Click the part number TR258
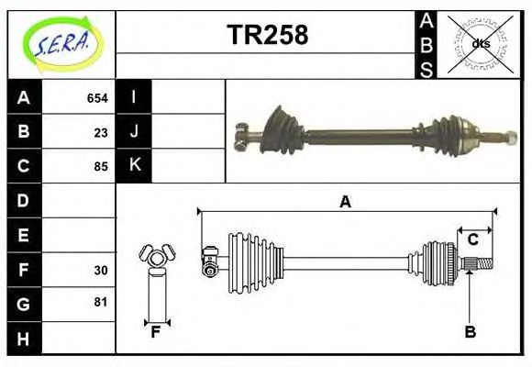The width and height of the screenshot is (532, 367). pyautogui.click(x=267, y=36)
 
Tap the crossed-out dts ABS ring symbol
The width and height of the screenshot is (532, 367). pyautogui.click(x=480, y=43)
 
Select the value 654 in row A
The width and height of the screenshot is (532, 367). pyautogui.click(x=97, y=98)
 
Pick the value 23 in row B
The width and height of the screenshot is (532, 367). pyautogui.click(x=101, y=132)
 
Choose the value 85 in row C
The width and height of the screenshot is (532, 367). pyautogui.click(x=101, y=167)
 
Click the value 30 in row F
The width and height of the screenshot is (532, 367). pyautogui.click(x=101, y=270)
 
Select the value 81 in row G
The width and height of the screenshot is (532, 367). pyautogui.click(x=101, y=303)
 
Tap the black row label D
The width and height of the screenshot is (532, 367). pyautogui.click(x=24, y=200)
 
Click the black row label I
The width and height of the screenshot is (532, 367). pyautogui.click(x=134, y=97)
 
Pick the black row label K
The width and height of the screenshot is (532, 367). pyautogui.click(x=134, y=166)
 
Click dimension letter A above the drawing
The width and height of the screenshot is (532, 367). pyautogui.click(x=345, y=202)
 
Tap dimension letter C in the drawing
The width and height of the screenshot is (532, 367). pyautogui.click(x=473, y=239)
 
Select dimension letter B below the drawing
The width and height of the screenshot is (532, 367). pyautogui.click(x=470, y=333)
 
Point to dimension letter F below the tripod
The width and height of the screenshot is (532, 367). pyautogui.click(x=156, y=333)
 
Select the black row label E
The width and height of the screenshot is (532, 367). pyautogui.click(x=24, y=235)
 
